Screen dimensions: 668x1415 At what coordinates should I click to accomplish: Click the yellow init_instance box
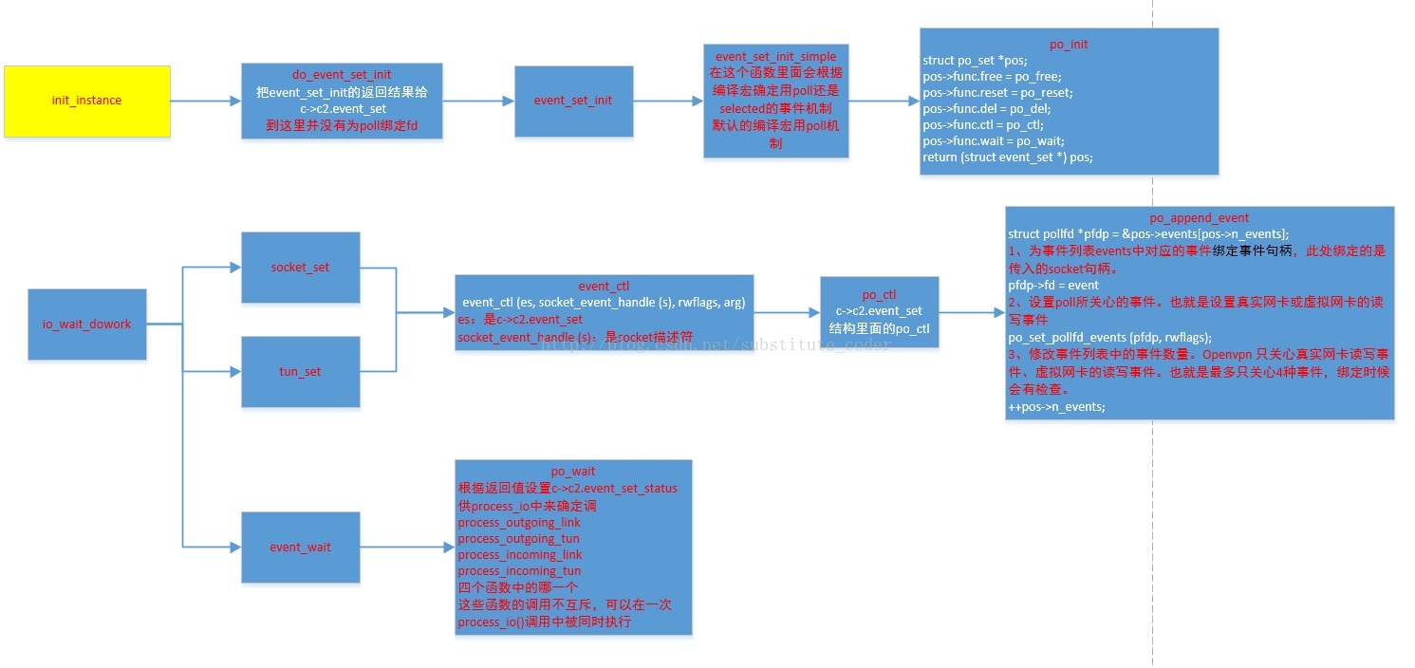(87, 101)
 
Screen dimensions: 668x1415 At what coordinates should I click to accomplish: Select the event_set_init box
(573, 101)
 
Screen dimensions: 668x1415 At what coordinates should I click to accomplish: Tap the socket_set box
(300, 268)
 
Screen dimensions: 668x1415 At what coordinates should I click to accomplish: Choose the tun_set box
(300, 372)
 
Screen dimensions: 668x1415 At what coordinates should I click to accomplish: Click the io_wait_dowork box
(87, 325)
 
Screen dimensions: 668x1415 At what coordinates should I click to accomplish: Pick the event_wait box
(300, 547)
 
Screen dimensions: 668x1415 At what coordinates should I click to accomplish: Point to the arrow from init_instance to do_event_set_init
(205, 101)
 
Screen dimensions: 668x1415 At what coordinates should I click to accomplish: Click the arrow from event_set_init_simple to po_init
(884, 101)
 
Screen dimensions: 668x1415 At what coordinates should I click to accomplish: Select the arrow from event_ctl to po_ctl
(787, 311)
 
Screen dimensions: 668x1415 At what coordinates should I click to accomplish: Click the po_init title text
(1069, 44)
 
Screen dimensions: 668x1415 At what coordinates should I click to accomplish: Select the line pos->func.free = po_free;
(992, 76)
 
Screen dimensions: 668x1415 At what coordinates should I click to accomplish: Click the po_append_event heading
(1199, 217)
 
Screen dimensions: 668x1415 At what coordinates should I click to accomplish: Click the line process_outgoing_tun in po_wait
(518, 539)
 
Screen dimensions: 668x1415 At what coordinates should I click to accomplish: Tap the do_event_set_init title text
(342, 74)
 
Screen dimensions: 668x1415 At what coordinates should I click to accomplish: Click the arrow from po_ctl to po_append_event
(972, 311)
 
